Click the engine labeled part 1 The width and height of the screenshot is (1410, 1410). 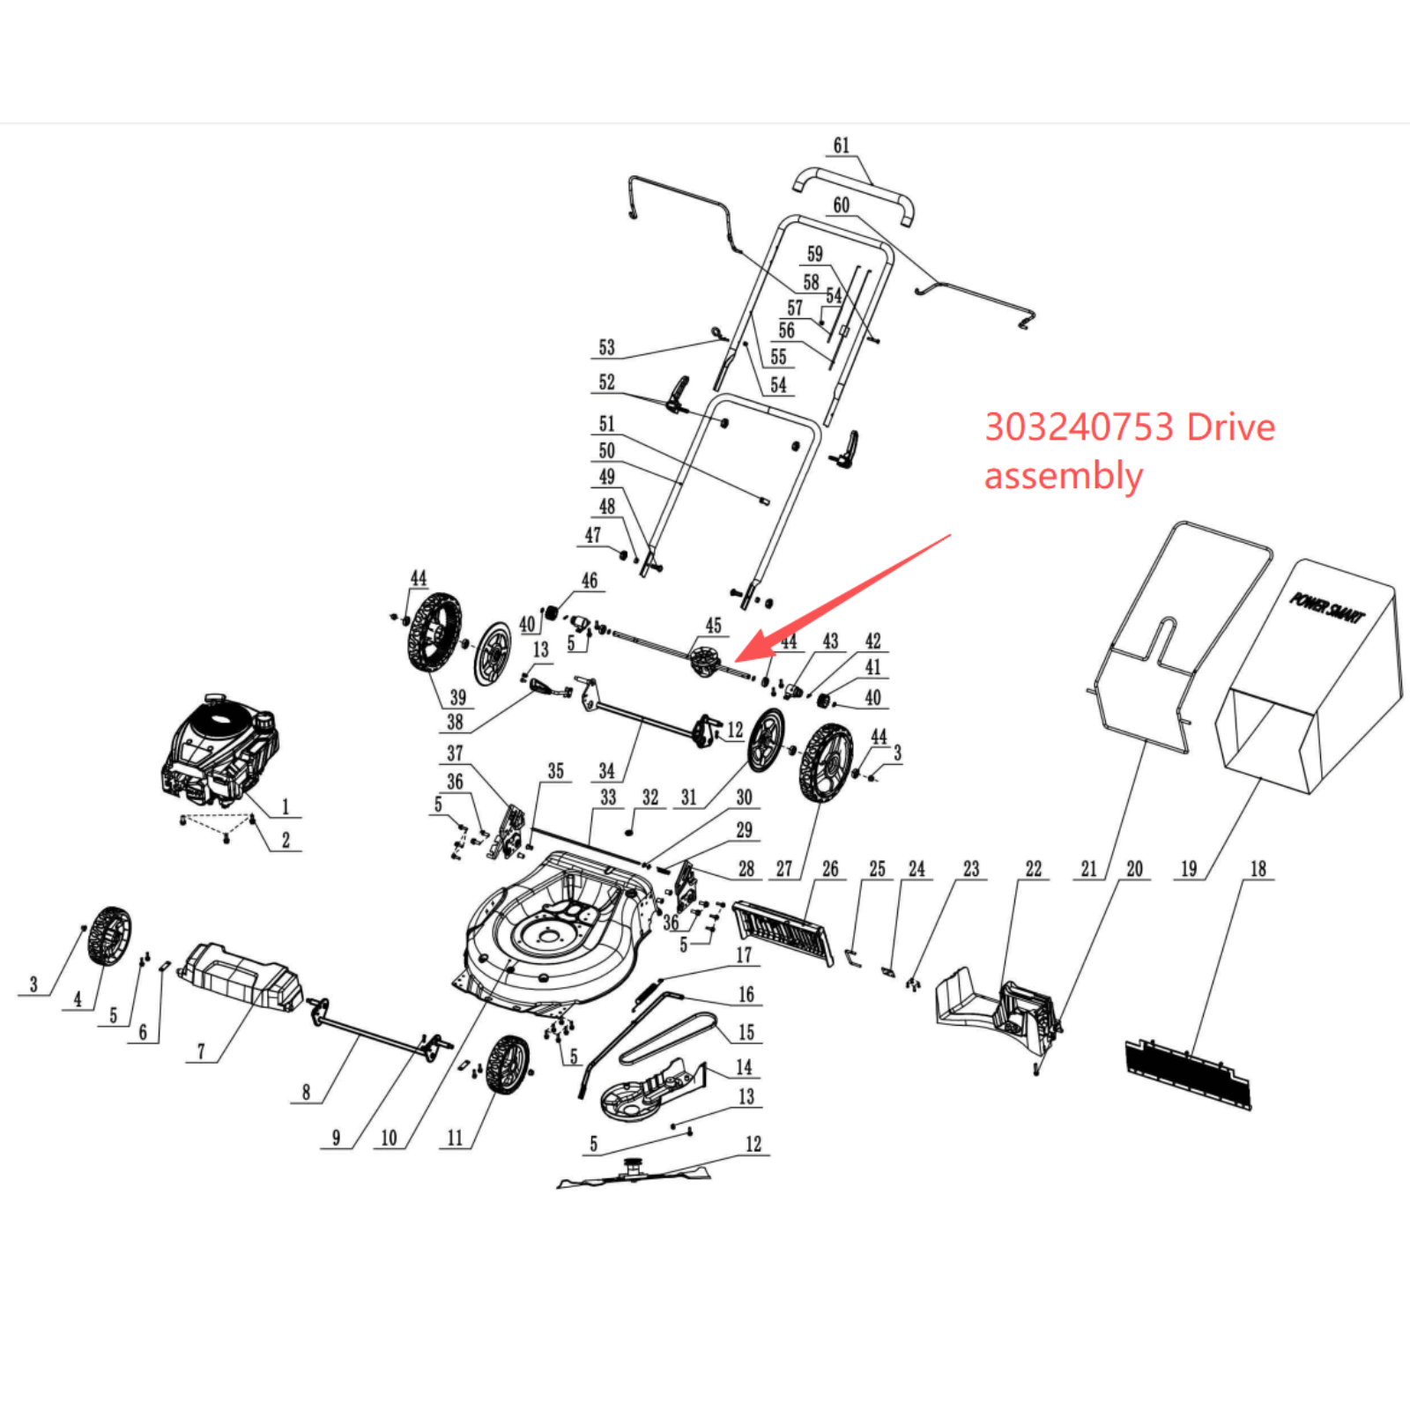[x=220, y=749]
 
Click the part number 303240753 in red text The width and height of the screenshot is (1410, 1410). [x=1079, y=427]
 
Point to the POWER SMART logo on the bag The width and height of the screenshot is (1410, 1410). [x=1327, y=608]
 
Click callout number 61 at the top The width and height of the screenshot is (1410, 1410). [x=842, y=145]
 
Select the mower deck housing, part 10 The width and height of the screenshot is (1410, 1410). [x=555, y=934]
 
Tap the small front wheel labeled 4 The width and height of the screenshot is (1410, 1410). [x=109, y=936]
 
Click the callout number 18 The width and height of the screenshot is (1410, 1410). [x=1258, y=869]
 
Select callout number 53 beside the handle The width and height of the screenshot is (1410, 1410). [x=606, y=347]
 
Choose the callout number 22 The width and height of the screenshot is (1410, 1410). [x=1034, y=869]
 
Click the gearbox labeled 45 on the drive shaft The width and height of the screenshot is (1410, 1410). [x=705, y=661]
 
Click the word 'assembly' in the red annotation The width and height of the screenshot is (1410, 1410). [x=1063, y=476]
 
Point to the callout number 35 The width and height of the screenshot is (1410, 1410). [x=555, y=771]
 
